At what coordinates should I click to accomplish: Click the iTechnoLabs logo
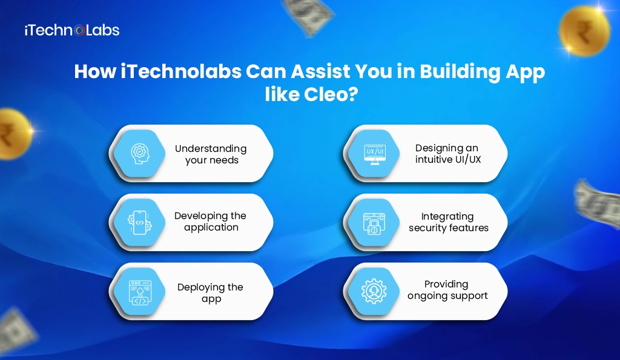coord(71,30)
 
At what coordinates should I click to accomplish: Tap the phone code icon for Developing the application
coord(139,222)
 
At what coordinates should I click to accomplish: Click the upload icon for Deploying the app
coord(139,291)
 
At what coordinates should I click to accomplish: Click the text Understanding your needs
coord(211,154)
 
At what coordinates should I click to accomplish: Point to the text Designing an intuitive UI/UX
coord(447,154)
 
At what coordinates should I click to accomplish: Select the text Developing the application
coord(211,222)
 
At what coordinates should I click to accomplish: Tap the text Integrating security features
coord(448,222)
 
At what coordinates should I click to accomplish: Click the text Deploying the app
coord(210,293)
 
